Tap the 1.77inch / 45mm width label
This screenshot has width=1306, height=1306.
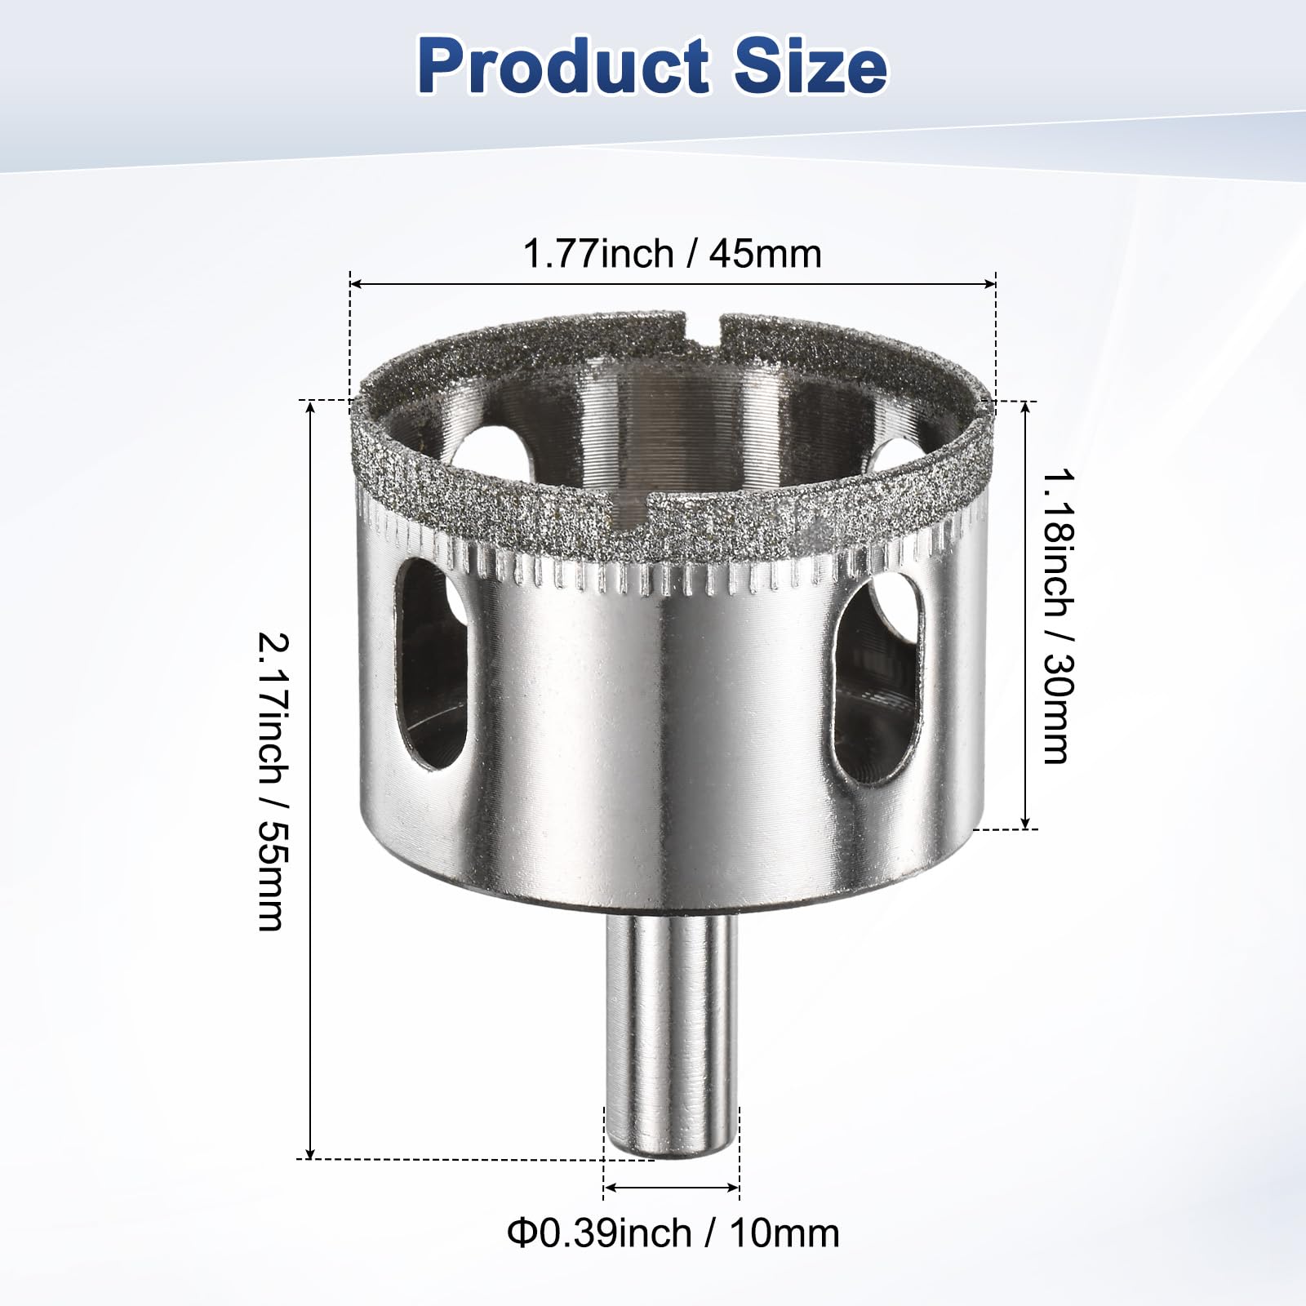(x=672, y=254)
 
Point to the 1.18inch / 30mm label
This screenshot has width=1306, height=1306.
(x=1056, y=615)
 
